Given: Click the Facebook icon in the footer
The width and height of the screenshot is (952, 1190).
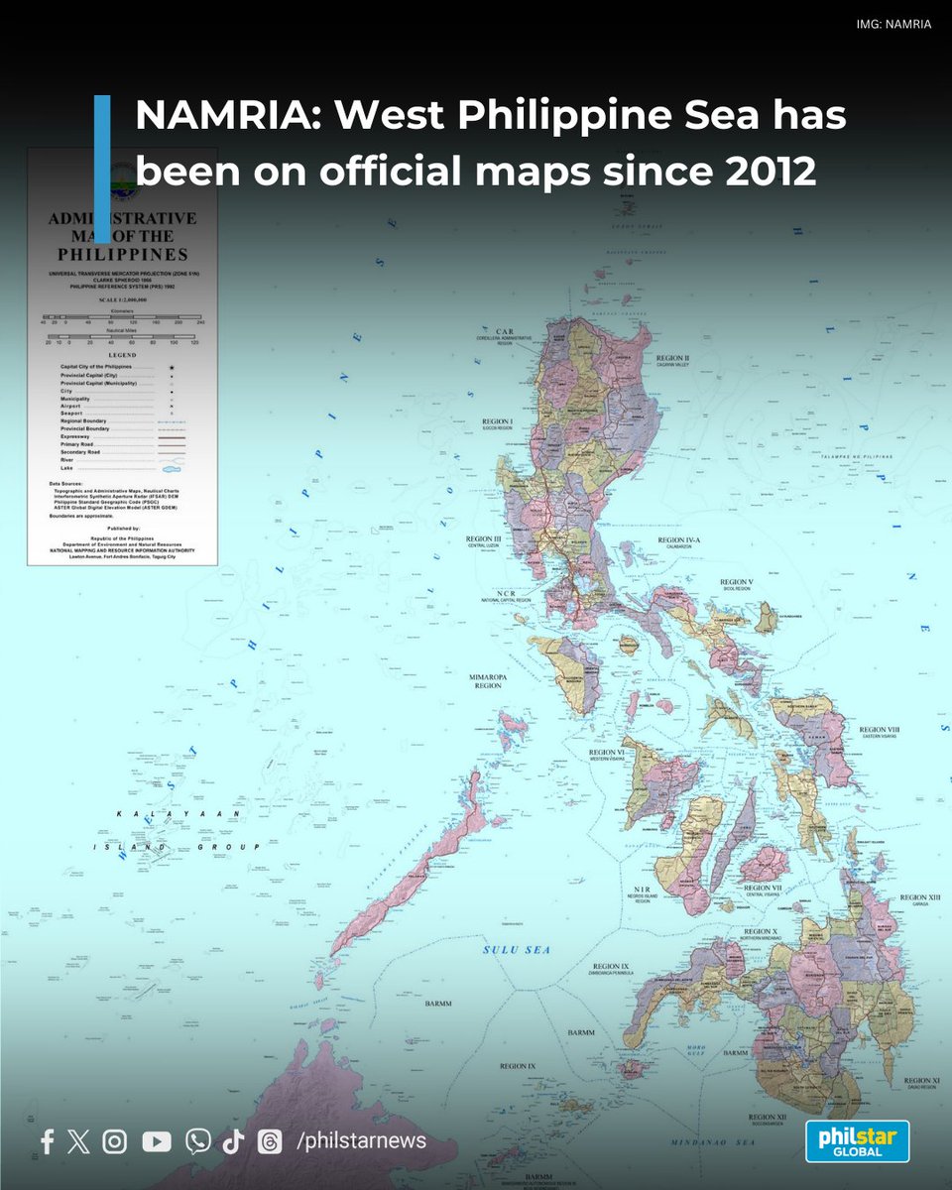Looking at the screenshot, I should (47, 1141).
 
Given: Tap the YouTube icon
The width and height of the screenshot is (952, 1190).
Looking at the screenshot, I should (157, 1141).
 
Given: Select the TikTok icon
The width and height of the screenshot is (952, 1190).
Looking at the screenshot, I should (233, 1141).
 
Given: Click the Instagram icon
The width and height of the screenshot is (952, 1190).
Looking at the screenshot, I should (115, 1141).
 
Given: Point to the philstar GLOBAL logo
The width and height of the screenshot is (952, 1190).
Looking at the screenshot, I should (857, 1140).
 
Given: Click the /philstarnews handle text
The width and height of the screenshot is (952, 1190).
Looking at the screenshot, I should (361, 1141).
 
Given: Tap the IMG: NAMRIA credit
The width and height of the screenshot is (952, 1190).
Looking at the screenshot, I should (892, 24).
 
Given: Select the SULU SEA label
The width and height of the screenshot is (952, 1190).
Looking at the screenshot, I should (516, 950).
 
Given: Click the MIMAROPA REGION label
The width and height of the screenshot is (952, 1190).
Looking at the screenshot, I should (487, 681).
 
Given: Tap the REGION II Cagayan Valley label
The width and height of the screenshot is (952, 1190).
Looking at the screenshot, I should (672, 360).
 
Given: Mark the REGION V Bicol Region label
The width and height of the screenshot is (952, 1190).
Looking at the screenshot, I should (736, 585).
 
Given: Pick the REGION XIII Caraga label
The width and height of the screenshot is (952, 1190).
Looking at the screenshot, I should (913, 899).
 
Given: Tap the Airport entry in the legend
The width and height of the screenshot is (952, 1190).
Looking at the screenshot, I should (70, 407).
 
